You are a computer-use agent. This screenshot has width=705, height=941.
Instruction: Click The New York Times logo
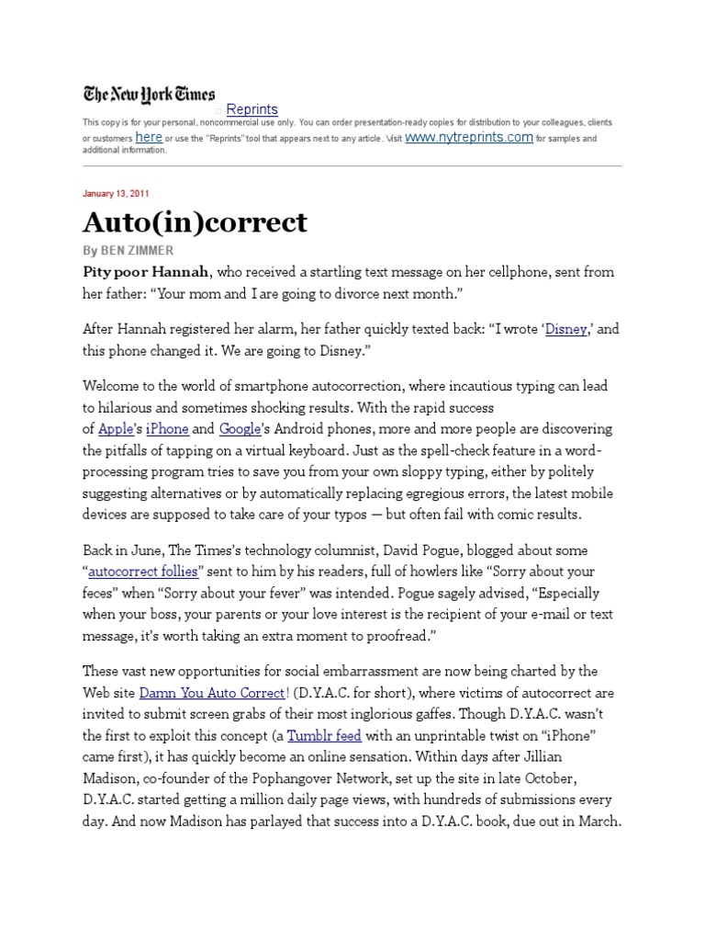coord(149,94)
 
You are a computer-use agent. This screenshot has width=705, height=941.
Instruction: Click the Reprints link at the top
coord(252,109)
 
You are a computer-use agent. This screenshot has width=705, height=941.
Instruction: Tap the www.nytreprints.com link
coord(468,137)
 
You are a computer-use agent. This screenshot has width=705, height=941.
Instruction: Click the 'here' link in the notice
coord(149,137)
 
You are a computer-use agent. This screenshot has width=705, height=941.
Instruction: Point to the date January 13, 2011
coord(116,194)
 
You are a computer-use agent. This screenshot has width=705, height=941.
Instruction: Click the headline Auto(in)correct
coord(195,222)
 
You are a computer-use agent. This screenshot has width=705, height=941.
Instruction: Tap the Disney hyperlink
coord(565,328)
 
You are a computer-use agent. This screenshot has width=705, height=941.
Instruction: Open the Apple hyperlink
coord(116,428)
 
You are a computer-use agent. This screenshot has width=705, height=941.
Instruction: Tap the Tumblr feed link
coord(324,735)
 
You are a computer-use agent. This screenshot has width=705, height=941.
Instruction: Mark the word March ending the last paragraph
coord(599,821)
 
